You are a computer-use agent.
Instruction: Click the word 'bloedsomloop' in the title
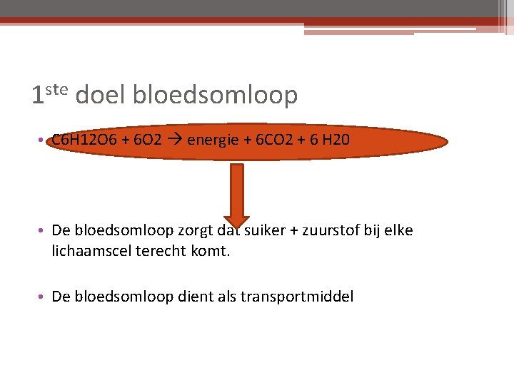[x=215, y=96]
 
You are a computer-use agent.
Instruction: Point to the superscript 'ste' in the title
[x=56, y=89]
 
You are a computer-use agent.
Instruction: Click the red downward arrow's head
[x=237, y=217]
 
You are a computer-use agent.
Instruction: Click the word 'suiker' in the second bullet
[x=265, y=231]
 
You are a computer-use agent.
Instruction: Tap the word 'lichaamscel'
[x=89, y=251]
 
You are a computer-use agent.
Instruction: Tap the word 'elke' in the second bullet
[x=398, y=231]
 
